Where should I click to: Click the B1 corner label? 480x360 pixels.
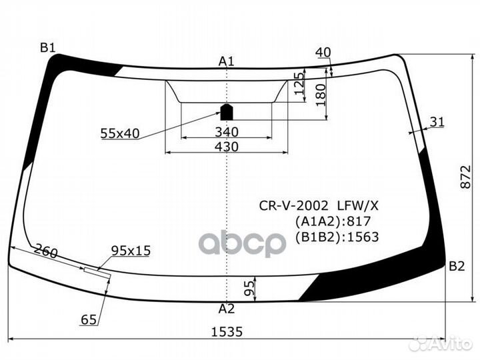tap(47, 47)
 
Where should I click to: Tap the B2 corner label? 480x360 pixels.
tap(456, 267)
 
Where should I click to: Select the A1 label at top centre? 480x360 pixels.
tap(227, 62)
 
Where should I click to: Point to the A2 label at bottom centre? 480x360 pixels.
tap(227, 309)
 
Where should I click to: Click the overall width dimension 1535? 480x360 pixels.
tap(227, 331)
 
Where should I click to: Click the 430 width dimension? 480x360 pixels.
tap(227, 145)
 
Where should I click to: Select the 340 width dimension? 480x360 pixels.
tap(227, 131)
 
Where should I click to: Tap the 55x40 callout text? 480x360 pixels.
tap(120, 133)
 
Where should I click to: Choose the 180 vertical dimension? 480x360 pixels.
tap(321, 93)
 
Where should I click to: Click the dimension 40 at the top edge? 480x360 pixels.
tap(323, 53)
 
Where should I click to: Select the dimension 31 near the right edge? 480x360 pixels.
tap(437, 121)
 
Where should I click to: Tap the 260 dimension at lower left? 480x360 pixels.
tap(45, 253)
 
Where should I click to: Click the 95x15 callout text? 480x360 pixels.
tap(131, 251)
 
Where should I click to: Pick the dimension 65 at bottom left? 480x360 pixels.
tap(89, 321)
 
